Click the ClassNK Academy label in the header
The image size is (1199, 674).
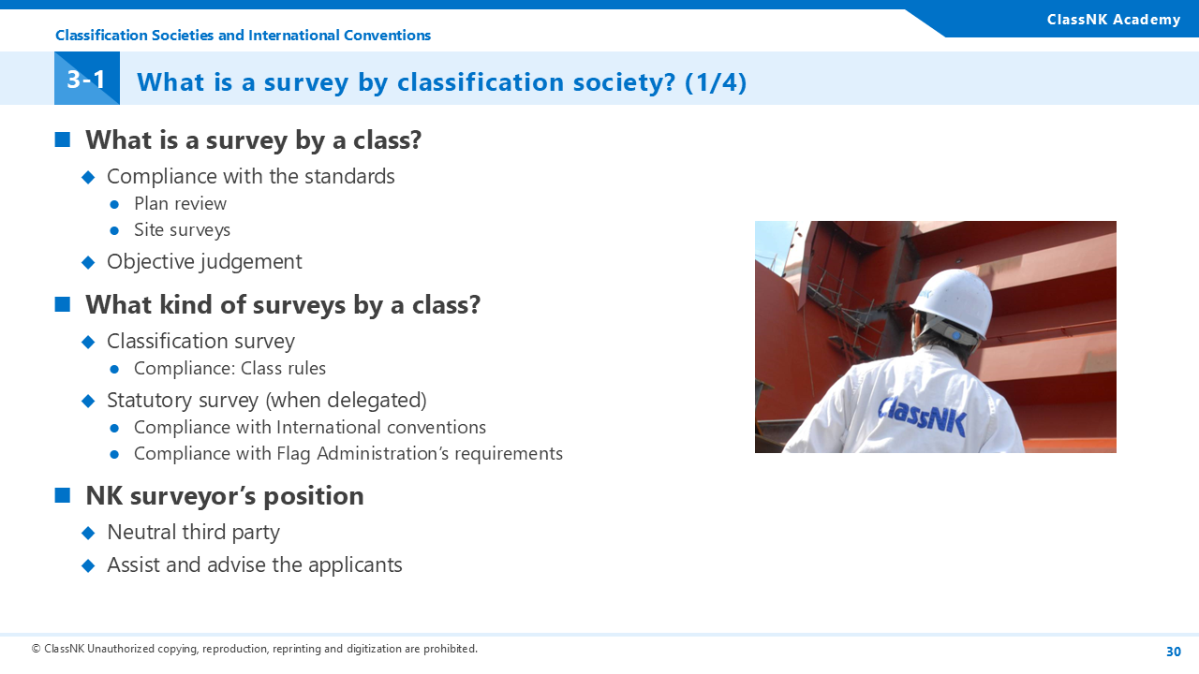[1114, 20]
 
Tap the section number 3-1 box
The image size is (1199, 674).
[87, 78]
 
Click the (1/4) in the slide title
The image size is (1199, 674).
[716, 82]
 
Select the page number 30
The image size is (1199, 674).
[1174, 652]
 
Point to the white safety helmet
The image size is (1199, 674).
[951, 302]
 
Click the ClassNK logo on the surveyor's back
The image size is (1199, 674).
[923, 417]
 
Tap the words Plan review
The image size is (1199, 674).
[181, 204]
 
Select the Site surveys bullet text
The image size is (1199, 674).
[182, 230]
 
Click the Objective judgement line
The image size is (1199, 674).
[204, 262]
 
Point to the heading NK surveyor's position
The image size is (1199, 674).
[225, 496]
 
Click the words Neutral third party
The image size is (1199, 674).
[193, 533]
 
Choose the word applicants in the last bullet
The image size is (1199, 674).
[355, 565]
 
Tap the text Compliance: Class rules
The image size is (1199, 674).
[230, 369]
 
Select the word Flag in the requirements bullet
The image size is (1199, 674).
[293, 454]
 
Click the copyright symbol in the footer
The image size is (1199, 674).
[36, 649]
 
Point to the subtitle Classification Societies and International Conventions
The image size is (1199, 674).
[243, 36]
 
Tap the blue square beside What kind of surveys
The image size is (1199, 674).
[63, 304]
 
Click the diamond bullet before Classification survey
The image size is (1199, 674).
[88, 342]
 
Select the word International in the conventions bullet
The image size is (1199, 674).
[329, 428]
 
